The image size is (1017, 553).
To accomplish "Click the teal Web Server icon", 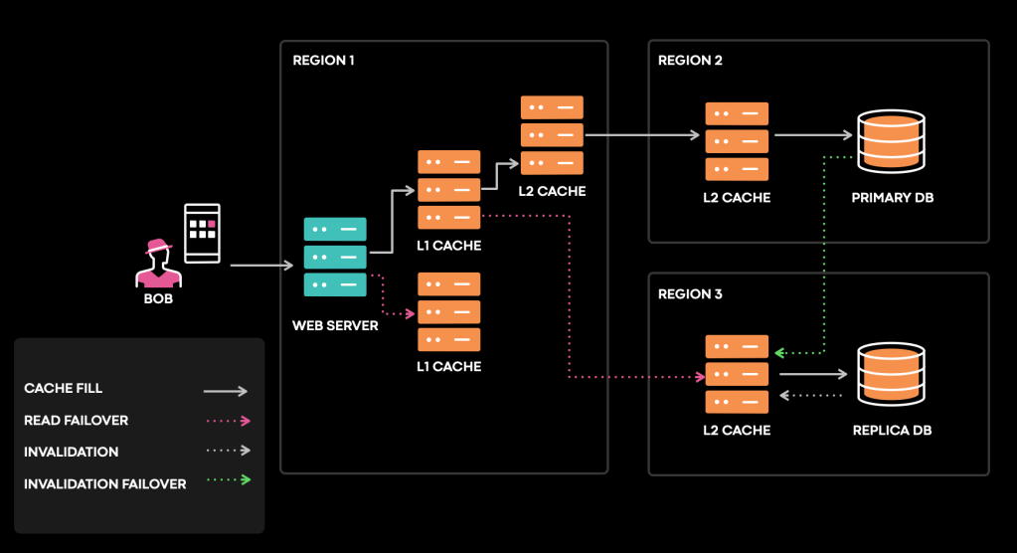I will [x=335, y=258].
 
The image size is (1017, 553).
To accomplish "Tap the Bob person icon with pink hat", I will [x=158, y=264].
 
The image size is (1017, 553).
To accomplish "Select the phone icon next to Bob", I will [x=203, y=233].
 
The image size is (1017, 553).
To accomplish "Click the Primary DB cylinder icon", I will [x=891, y=141].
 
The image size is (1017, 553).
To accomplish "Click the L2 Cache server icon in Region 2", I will [x=737, y=141].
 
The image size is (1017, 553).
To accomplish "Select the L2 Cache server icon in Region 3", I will [x=737, y=374].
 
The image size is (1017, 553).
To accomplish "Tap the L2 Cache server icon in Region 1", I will [x=552, y=135].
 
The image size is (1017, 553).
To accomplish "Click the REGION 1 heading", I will [x=323, y=61].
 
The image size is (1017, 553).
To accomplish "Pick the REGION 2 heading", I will [x=690, y=61].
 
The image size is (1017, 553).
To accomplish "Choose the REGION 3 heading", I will [x=690, y=294].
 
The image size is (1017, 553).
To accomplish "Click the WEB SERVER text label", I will [x=335, y=325].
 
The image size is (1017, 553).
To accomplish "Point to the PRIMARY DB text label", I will [x=892, y=198].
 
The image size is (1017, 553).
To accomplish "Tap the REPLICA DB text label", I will [x=892, y=431].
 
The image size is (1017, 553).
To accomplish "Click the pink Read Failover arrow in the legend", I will [x=226, y=421].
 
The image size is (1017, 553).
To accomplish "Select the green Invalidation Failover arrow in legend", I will [x=226, y=482].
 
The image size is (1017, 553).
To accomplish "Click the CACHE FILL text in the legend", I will [x=63, y=389].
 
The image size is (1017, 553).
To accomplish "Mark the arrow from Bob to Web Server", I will [x=263, y=266].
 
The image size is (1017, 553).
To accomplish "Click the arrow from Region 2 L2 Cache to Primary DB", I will [x=814, y=135].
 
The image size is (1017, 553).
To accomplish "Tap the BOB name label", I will [x=158, y=298].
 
